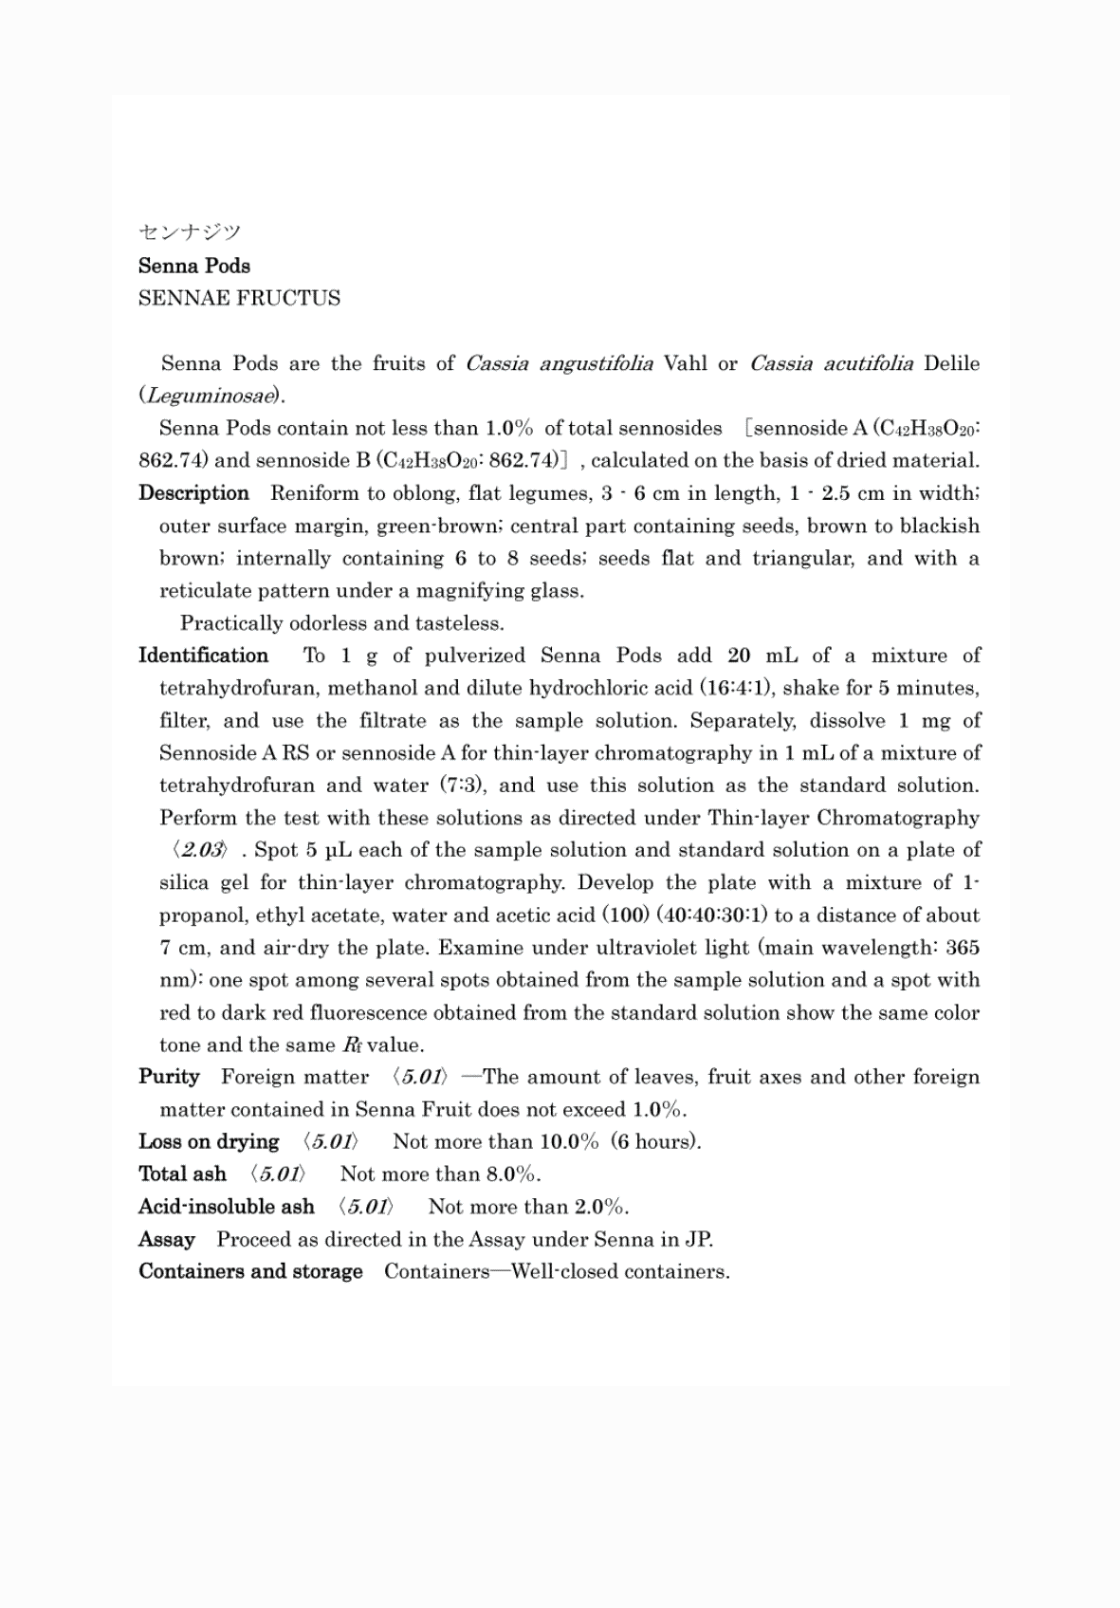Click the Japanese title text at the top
pyautogui.click(x=190, y=232)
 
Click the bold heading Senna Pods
pyautogui.click(x=194, y=266)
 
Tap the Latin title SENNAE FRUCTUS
pyautogui.click(x=239, y=298)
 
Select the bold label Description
pyautogui.click(x=193, y=493)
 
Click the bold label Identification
pyautogui.click(x=203, y=656)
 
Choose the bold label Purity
pyautogui.click(x=169, y=1077)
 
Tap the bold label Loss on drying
pyautogui.click(x=209, y=1142)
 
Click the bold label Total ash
pyautogui.click(x=182, y=1174)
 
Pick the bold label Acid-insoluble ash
pyautogui.click(x=226, y=1207)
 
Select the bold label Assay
pyautogui.click(x=167, y=1240)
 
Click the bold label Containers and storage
pyautogui.click(x=250, y=1272)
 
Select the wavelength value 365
pyautogui.click(x=963, y=948)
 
